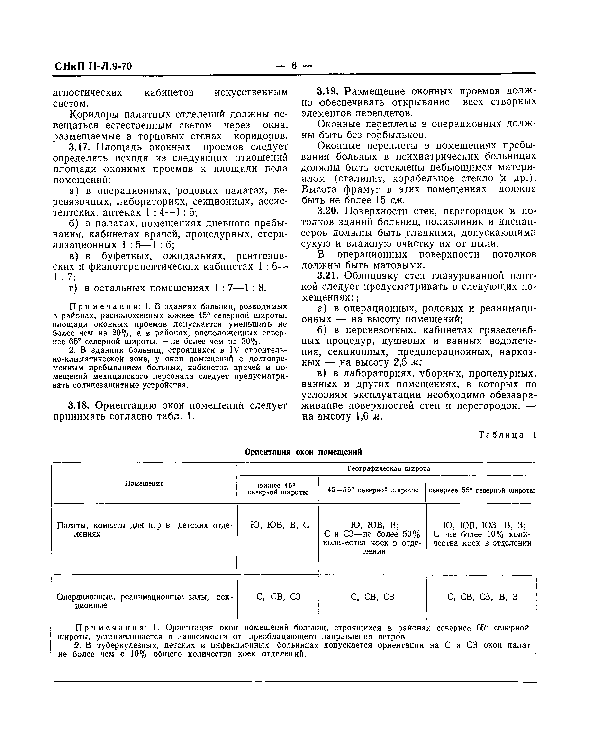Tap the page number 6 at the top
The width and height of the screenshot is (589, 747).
(294, 65)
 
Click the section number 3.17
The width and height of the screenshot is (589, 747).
(79, 147)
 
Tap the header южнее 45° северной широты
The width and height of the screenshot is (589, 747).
(278, 489)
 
